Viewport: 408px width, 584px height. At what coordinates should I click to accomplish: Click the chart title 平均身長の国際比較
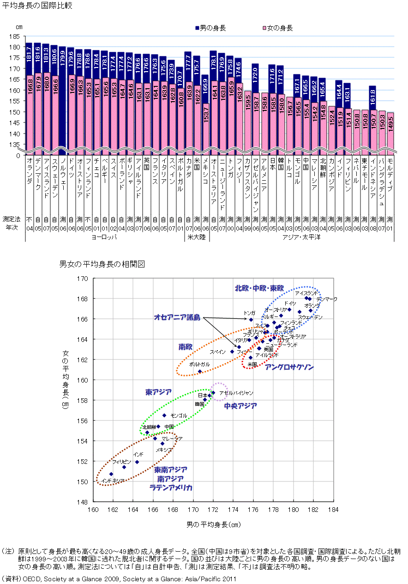click(x=37, y=6)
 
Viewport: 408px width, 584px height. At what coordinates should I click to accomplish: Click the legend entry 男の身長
click(x=213, y=28)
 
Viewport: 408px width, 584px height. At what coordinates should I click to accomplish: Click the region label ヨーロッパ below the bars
click(x=104, y=237)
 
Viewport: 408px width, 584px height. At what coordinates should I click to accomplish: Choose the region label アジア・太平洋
click(x=302, y=237)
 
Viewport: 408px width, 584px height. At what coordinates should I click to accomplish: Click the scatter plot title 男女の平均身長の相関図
click(x=102, y=265)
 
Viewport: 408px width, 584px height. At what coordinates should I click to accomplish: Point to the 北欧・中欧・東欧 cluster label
click(x=259, y=288)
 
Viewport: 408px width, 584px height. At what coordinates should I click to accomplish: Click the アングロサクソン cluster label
click(x=288, y=367)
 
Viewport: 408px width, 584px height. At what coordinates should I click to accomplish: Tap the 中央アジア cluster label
click(x=240, y=406)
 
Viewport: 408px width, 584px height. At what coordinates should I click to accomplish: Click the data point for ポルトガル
click(x=200, y=371)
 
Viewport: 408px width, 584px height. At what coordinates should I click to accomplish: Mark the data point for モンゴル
click(x=164, y=415)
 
